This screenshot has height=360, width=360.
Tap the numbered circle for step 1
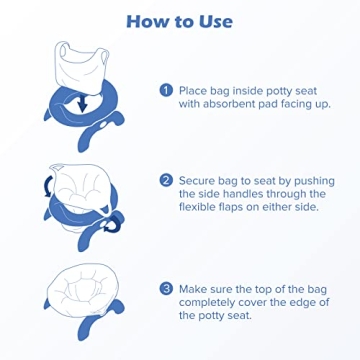click(165, 88)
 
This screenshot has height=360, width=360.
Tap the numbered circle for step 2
click(165, 181)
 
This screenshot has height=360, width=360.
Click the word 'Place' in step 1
click(195, 88)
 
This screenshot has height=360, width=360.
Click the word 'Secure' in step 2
click(200, 181)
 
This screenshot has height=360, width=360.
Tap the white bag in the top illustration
click(74, 62)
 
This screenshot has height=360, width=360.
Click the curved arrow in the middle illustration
click(41, 184)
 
